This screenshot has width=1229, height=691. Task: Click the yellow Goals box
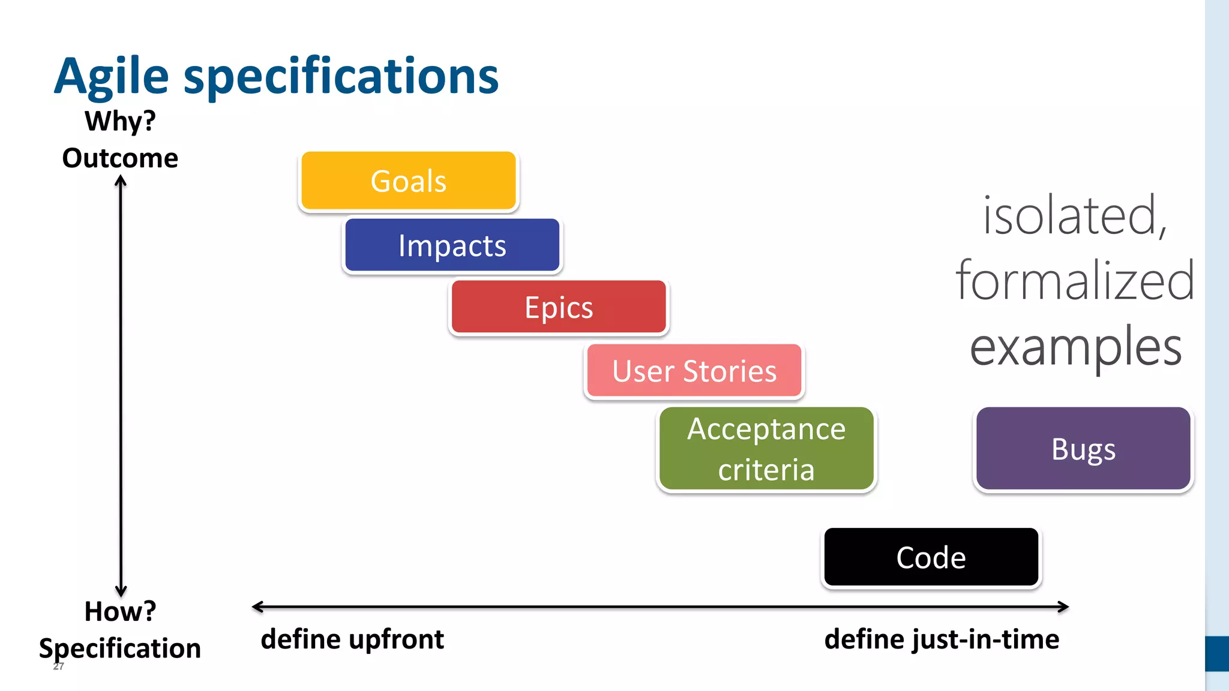408,181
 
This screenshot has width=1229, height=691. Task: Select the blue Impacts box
452,245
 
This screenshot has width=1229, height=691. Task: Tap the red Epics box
559,307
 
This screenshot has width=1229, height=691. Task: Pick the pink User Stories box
694,371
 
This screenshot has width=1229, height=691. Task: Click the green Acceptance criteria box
766,449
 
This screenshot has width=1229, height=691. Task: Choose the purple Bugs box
1083,449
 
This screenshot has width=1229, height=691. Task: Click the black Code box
931,557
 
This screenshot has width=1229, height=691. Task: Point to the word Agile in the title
112,76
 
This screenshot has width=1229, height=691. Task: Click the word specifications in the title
341,76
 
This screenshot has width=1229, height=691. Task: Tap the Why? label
120,121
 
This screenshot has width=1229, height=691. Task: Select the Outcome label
120,158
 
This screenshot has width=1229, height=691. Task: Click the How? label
120,611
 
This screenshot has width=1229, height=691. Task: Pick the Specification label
120,648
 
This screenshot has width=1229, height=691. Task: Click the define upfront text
352,639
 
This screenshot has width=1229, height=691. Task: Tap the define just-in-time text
942,639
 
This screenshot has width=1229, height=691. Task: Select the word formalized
1074,281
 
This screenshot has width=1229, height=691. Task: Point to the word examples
1075,347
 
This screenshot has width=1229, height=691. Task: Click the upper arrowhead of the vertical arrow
121,179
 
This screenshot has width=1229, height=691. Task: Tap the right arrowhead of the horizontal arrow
1064,607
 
